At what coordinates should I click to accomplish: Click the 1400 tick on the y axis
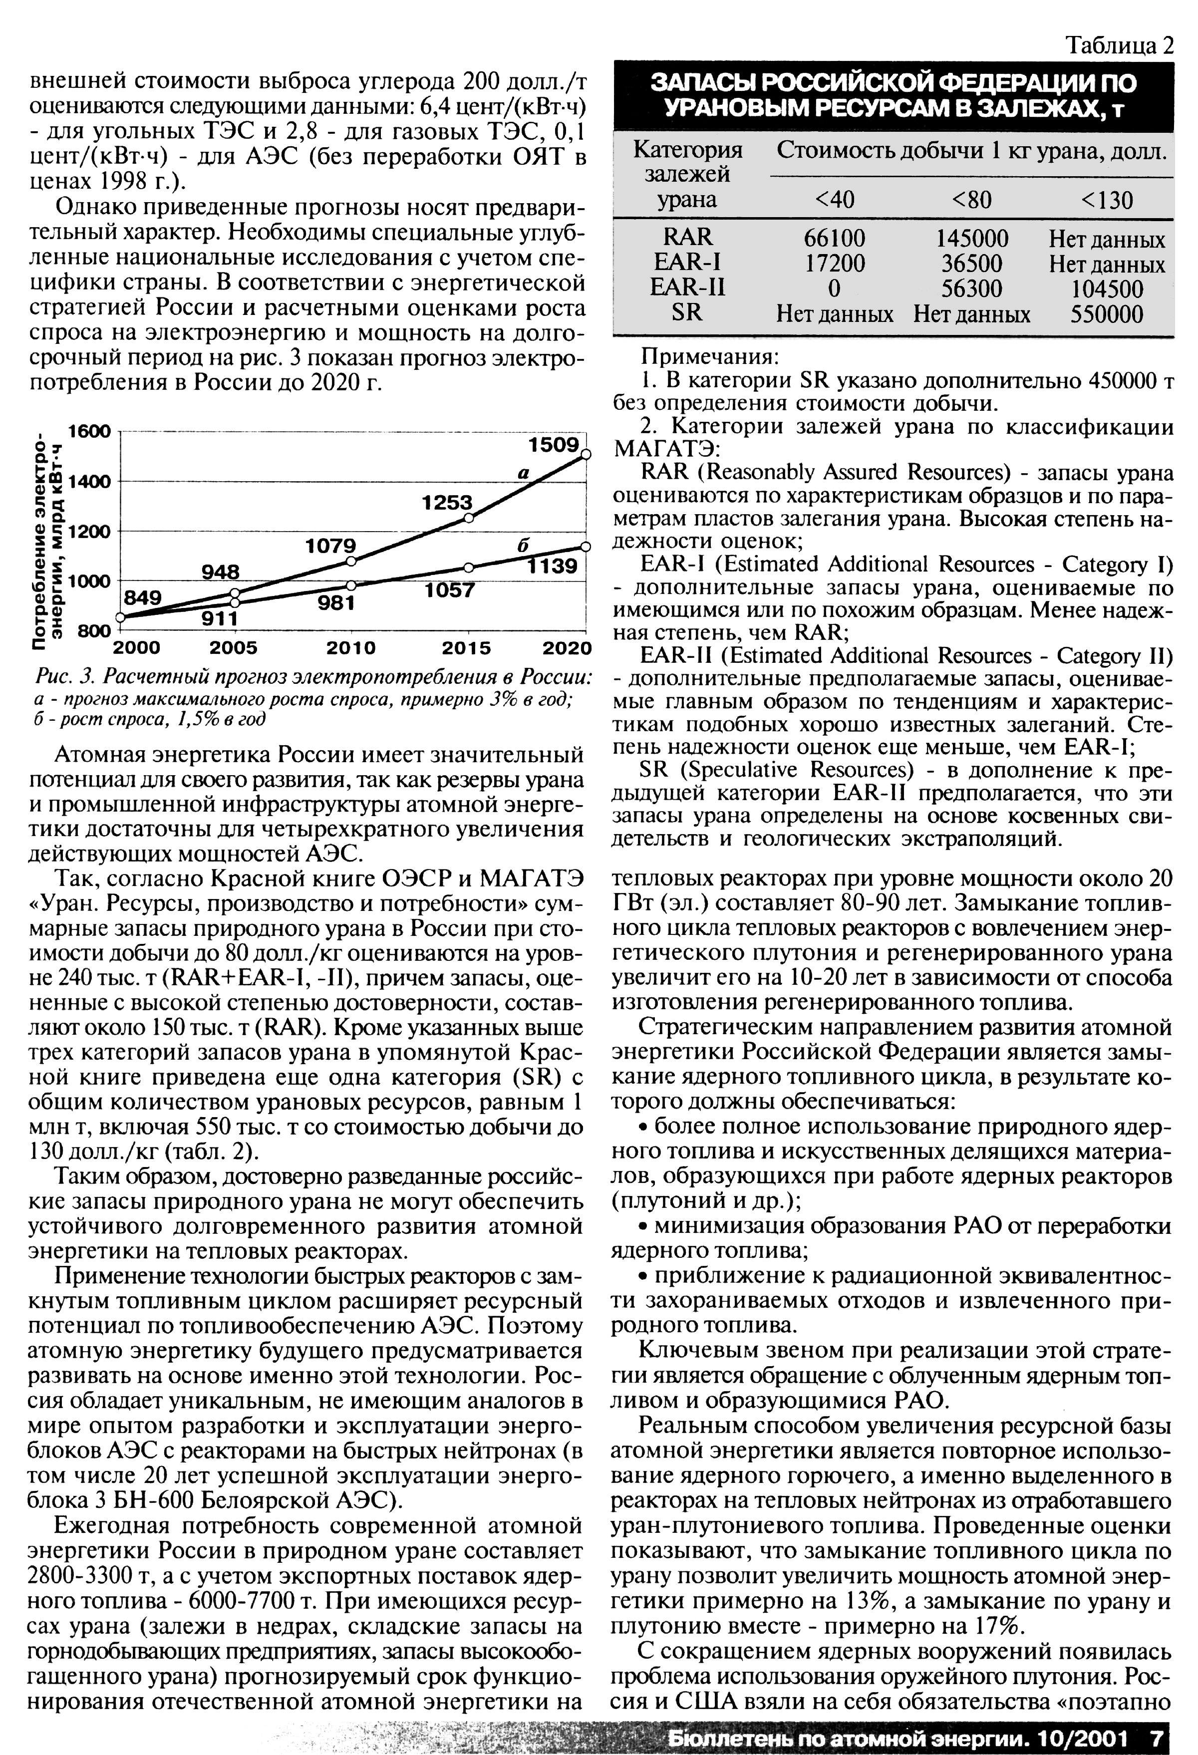(89, 481)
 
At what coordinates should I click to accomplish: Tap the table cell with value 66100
(834, 239)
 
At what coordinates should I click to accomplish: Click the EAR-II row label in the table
(687, 288)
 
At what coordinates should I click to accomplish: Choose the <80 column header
(971, 200)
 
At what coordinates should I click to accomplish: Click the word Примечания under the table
(708, 356)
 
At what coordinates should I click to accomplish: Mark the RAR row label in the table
(687, 238)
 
